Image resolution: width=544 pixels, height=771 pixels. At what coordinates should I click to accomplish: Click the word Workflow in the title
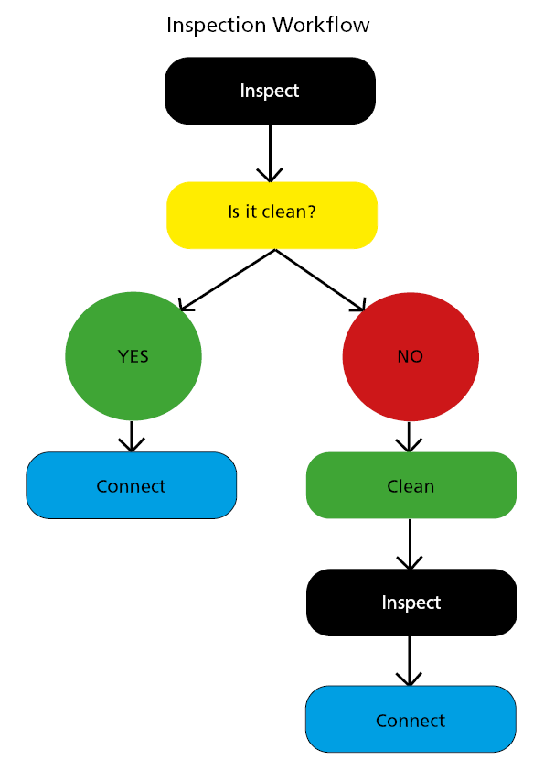pos(321,25)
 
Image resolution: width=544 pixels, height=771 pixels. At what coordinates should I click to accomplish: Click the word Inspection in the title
pos(217,26)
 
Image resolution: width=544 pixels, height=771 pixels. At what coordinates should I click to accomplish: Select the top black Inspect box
pos(270,91)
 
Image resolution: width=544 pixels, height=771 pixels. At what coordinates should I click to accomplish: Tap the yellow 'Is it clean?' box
pos(272,215)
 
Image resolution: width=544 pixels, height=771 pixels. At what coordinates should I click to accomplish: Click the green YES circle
pos(133,356)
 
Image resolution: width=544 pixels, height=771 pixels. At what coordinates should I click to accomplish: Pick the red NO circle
pos(411,356)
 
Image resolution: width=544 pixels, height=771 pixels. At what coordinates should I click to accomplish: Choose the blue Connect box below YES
pos(131,485)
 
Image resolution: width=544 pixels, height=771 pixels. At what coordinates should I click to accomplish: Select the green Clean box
pos(411,485)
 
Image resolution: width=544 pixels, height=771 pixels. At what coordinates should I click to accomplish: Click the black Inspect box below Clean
pos(411,603)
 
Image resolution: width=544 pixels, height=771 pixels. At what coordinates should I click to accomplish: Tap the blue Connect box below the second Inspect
pos(411,720)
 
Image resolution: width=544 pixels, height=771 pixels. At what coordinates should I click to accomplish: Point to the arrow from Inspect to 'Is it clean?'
pos(270,154)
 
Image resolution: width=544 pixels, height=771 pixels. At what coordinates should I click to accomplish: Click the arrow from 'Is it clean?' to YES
pos(227,280)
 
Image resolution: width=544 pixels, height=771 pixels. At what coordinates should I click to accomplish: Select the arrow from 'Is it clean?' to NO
pos(321,280)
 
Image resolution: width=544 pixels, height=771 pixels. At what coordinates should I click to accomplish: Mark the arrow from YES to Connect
pos(132,436)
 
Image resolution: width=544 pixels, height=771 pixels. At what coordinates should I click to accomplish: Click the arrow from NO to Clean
pos(409,437)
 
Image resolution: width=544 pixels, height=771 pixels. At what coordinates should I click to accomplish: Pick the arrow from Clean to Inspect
pos(410,544)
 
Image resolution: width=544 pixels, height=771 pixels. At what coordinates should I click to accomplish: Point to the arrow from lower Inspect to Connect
pos(409,661)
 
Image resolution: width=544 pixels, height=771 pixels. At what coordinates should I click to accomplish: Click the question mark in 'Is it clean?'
pos(311,212)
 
